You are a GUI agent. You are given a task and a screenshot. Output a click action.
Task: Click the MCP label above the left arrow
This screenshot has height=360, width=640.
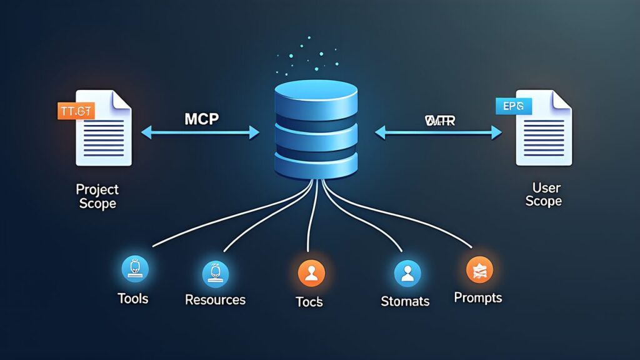click(201, 118)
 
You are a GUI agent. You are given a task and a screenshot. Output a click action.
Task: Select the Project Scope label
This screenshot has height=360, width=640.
click(97, 196)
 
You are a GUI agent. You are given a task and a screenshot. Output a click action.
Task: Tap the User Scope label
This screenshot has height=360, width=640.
click(543, 194)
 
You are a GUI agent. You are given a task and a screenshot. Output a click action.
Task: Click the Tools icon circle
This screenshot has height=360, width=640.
click(133, 269)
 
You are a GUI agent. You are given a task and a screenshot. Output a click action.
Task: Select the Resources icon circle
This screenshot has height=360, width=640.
click(216, 273)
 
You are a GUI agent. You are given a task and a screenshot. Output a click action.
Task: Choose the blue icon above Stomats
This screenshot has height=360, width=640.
click(407, 273)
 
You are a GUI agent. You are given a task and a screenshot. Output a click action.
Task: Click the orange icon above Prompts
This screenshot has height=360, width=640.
click(480, 270)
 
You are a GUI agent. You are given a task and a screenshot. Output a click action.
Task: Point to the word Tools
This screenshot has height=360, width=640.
click(133, 299)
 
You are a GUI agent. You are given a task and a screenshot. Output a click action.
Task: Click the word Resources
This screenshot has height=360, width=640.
click(216, 300)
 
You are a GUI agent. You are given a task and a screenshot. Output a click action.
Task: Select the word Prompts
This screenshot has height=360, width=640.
click(478, 297)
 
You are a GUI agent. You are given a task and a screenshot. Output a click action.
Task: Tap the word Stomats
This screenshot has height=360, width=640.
click(405, 301)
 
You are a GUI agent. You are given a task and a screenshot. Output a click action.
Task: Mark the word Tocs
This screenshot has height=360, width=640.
click(309, 301)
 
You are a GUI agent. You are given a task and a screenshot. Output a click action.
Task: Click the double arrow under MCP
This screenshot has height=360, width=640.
click(201, 132)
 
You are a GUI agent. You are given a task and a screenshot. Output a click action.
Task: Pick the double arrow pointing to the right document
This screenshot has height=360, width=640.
click(438, 132)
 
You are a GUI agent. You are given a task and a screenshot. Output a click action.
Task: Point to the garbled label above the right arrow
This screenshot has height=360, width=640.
click(439, 120)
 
